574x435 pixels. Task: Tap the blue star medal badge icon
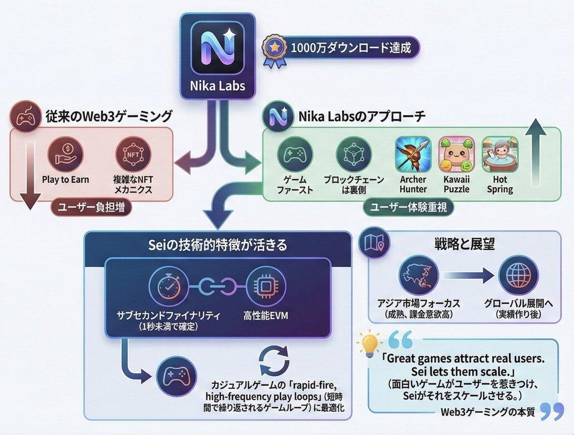click(274, 49)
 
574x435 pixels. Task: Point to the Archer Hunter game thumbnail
click(413, 154)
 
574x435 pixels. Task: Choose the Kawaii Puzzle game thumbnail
click(456, 154)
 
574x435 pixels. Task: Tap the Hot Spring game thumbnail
click(499, 154)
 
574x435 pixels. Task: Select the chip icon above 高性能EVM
click(265, 285)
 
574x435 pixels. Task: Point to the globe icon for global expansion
click(518, 275)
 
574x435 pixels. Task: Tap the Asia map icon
click(418, 275)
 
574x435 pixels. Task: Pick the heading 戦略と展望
click(464, 244)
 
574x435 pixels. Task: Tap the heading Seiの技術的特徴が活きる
click(217, 244)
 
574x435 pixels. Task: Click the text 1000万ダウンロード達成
click(350, 48)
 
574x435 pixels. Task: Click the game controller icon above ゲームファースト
click(294, 154)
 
